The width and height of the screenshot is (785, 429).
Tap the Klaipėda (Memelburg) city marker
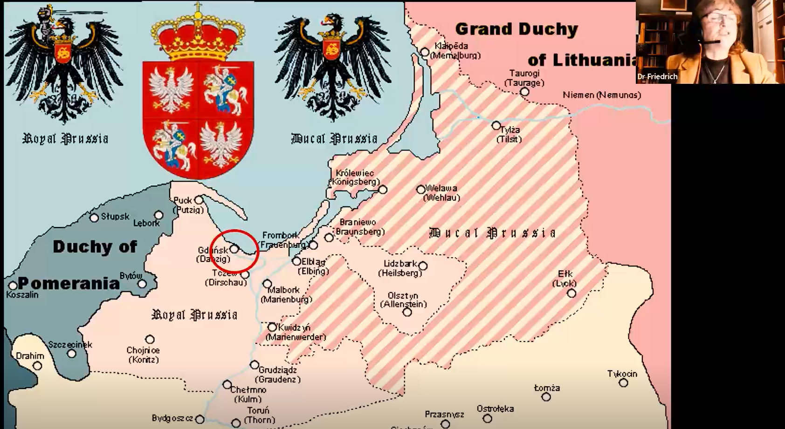click(x=425, y=52)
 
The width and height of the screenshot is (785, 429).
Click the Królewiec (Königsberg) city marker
click(x=383, y=190)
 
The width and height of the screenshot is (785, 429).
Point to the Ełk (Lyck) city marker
click(x=572, y=293)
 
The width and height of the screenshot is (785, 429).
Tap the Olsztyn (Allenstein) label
click(x=403, y=300)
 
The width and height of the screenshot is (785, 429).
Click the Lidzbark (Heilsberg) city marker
click(x=423, y=266)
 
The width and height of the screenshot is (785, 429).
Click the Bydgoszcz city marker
click(x=200, y=419)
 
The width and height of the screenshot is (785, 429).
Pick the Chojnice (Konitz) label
click(x=143, y=355)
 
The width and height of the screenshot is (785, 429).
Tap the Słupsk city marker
click(x=94, y=218)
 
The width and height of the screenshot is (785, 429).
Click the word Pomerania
click(x=69, y=283)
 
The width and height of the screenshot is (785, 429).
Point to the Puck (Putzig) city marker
click(x=199, y=200)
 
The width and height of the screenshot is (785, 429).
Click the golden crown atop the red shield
click(x=199, y=37)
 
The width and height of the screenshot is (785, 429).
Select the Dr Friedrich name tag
click(x=657, y=76)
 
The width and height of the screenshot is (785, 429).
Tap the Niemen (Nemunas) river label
click(x=602, y=95)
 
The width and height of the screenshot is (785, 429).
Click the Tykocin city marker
click(x=623, y=383)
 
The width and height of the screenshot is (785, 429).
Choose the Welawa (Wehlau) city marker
click(x=421, y=189)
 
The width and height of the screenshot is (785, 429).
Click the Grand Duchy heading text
click(x=516, y=29)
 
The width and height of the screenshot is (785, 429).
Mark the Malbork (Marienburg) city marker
click(x=267, y=284)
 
